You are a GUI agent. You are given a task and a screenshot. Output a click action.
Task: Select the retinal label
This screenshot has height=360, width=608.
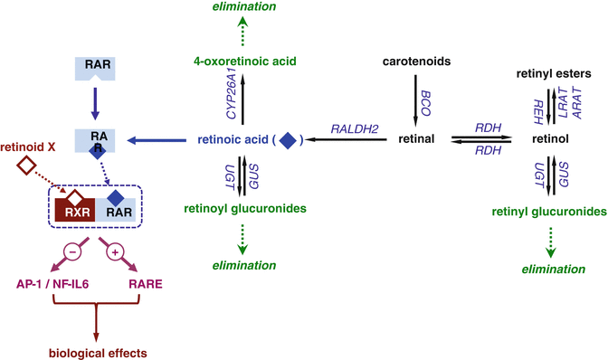pos(415,138)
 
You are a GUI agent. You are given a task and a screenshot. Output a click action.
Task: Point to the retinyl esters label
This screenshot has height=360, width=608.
pos(552,71)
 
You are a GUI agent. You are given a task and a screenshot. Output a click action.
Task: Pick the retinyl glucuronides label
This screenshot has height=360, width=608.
pos(548,212)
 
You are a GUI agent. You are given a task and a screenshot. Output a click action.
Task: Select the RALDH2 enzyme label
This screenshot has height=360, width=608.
pos(347,129)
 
